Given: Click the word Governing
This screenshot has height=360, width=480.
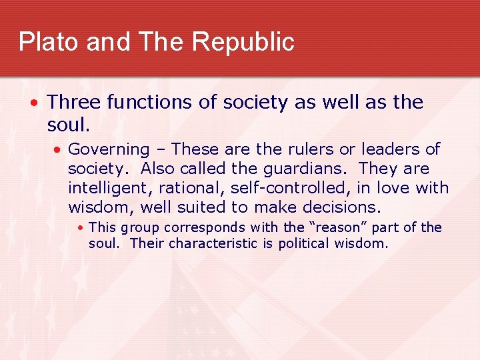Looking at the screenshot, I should tap(109, 150).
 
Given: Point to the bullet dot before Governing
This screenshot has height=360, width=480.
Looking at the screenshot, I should tap(59, 150).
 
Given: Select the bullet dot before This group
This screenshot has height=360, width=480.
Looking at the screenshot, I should tap(80, 228).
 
